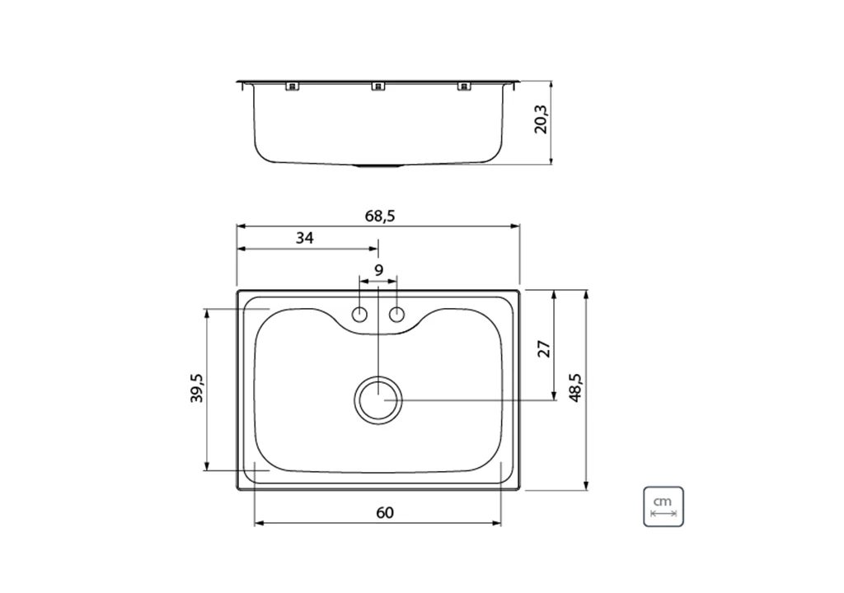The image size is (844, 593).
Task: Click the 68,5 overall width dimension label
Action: [x=380, y=217]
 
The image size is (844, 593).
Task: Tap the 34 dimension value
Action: [x=305, y=238]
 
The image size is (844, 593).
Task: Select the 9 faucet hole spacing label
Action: [x=378, y=270]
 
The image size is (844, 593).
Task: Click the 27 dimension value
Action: [x=545, y=348]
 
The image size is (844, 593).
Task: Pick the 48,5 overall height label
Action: [x=575, y=388]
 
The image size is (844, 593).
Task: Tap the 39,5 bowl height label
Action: [x=197, y=388]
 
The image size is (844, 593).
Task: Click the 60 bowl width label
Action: [x=385, y=513]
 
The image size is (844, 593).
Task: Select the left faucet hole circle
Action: [x=359, y=315]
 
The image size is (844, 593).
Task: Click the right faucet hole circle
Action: [x=396, y=315]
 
